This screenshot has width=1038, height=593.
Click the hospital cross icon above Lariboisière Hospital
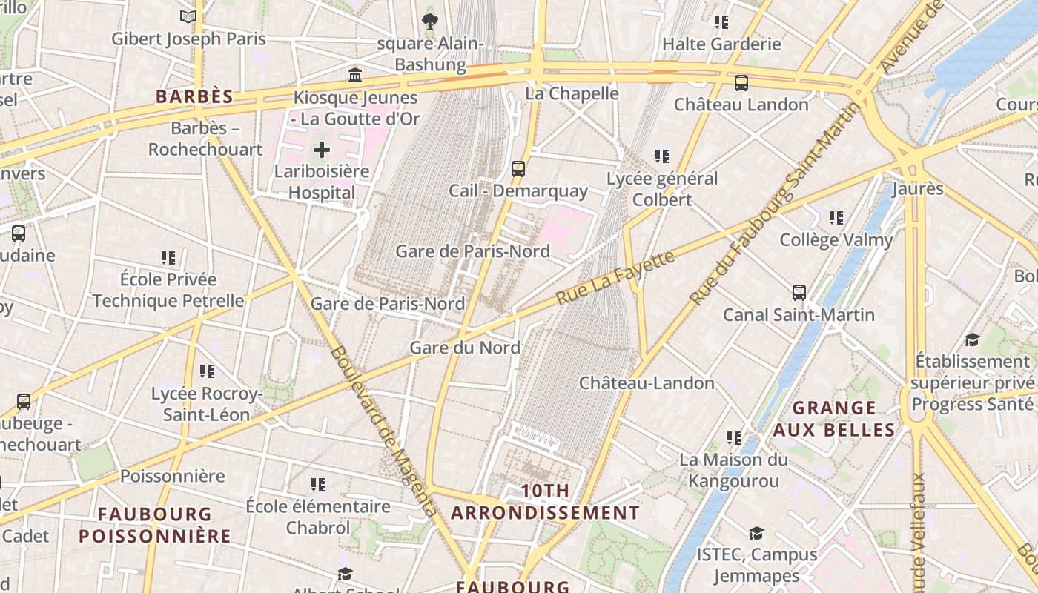tap(321, 150)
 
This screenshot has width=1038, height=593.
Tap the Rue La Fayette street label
tap(615, 277)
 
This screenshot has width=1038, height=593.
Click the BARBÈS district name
tap(194, 96)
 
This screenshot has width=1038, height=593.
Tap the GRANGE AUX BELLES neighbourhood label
tap(834, 419)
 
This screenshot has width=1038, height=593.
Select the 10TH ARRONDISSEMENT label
tap(545, 502)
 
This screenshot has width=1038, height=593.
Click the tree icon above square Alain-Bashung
tap(429, 21)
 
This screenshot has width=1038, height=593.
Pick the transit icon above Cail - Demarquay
tap(518, 169)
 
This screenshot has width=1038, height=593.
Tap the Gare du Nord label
tap(465, 348)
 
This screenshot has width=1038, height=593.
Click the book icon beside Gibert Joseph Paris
tap(188, 16)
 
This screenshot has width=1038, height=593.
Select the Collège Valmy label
tap(836, 240)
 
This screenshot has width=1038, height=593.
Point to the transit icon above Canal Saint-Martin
tap(799, 293)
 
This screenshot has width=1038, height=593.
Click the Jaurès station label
tap(917, 188)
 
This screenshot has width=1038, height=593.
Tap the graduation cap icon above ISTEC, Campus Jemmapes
tap(756, 533)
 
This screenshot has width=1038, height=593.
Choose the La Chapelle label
tap(572, 93)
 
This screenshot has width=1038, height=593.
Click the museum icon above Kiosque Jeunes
tap(355, 75)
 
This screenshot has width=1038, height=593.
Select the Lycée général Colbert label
tap(662, 189)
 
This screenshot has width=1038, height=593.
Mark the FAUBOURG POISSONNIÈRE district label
tap(155, 525)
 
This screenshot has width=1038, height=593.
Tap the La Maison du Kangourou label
tap(733, 470)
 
